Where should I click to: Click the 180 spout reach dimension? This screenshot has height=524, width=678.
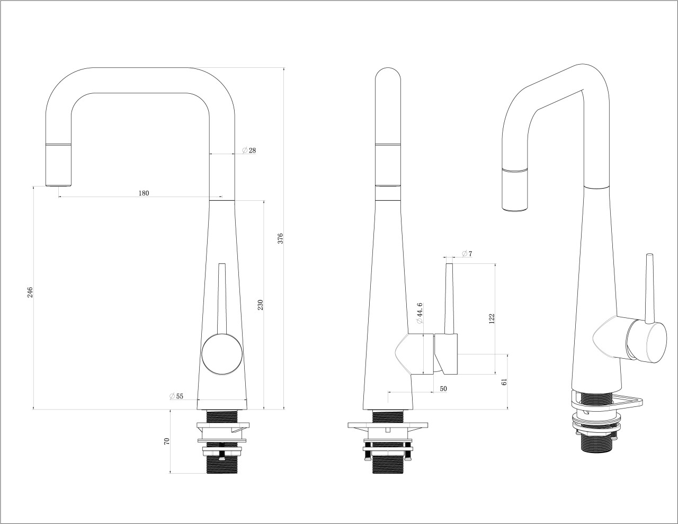[x=144, y=193]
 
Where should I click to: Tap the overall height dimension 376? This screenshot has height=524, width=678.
[x=281, y=238]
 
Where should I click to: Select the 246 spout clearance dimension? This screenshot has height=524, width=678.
[x=30, y=292]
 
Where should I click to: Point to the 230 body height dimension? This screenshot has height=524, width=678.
[x=261, y=305]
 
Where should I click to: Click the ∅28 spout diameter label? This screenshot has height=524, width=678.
[x=249, y=150]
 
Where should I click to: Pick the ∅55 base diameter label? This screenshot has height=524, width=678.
[x=176, y=396]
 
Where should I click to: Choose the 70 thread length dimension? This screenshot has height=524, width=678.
[x=167, y=441]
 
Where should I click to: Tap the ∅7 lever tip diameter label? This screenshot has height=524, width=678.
[x=467, y=254]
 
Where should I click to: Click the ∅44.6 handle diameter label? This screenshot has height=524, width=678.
[x=420, y=313]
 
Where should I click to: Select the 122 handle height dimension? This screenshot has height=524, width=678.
[x=492, y=318]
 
